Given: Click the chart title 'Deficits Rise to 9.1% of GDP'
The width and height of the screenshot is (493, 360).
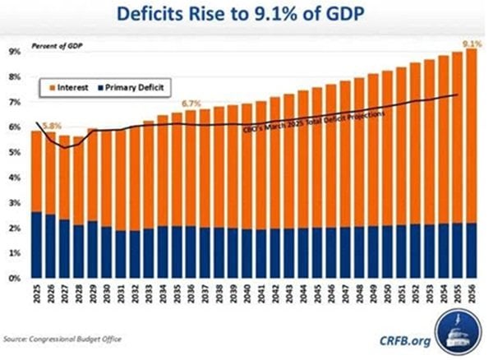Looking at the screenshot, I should (246, 14).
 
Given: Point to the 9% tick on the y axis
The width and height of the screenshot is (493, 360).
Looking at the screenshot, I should (15, 51).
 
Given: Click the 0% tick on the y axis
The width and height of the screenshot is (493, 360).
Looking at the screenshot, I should (15, 279).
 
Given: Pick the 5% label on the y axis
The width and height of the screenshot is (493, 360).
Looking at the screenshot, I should (15, 152).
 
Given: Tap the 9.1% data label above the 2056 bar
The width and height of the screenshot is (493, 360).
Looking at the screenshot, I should (470, 41).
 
